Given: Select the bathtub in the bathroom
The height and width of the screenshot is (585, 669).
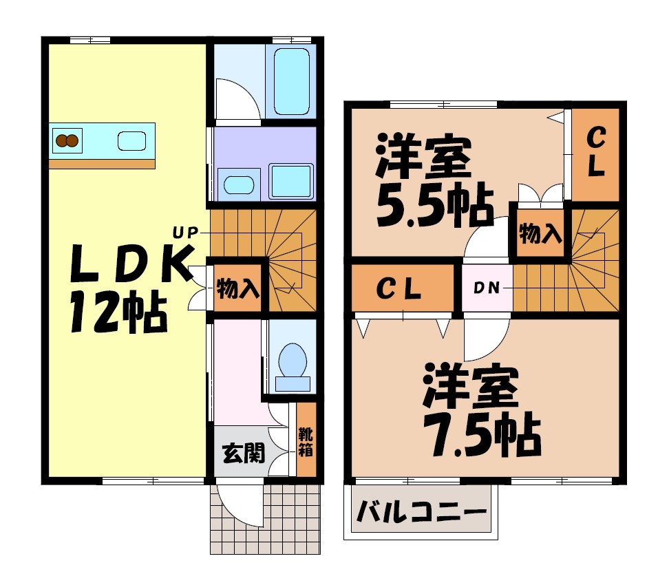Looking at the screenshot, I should click(x=292, y=81).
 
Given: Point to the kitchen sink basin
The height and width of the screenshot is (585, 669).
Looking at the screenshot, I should click(x=131, y=141).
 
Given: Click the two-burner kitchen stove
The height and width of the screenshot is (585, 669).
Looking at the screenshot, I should click(x=67, y=141).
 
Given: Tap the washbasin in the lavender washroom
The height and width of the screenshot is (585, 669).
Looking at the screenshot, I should click(x=238, y=185).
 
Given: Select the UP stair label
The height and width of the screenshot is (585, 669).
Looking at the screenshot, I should click(x=185, y=233).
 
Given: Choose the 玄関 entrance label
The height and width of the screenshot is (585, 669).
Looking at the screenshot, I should click(x=243, y=452).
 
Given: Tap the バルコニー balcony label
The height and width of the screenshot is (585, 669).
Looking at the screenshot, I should click(x=421, y=513).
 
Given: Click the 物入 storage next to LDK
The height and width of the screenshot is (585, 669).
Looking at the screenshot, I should click(x=237, y=288).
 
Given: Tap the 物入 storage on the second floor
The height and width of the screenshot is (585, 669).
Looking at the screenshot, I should click(x=540, y=234).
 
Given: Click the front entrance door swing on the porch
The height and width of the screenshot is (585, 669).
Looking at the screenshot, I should click(x=237, y=506).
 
